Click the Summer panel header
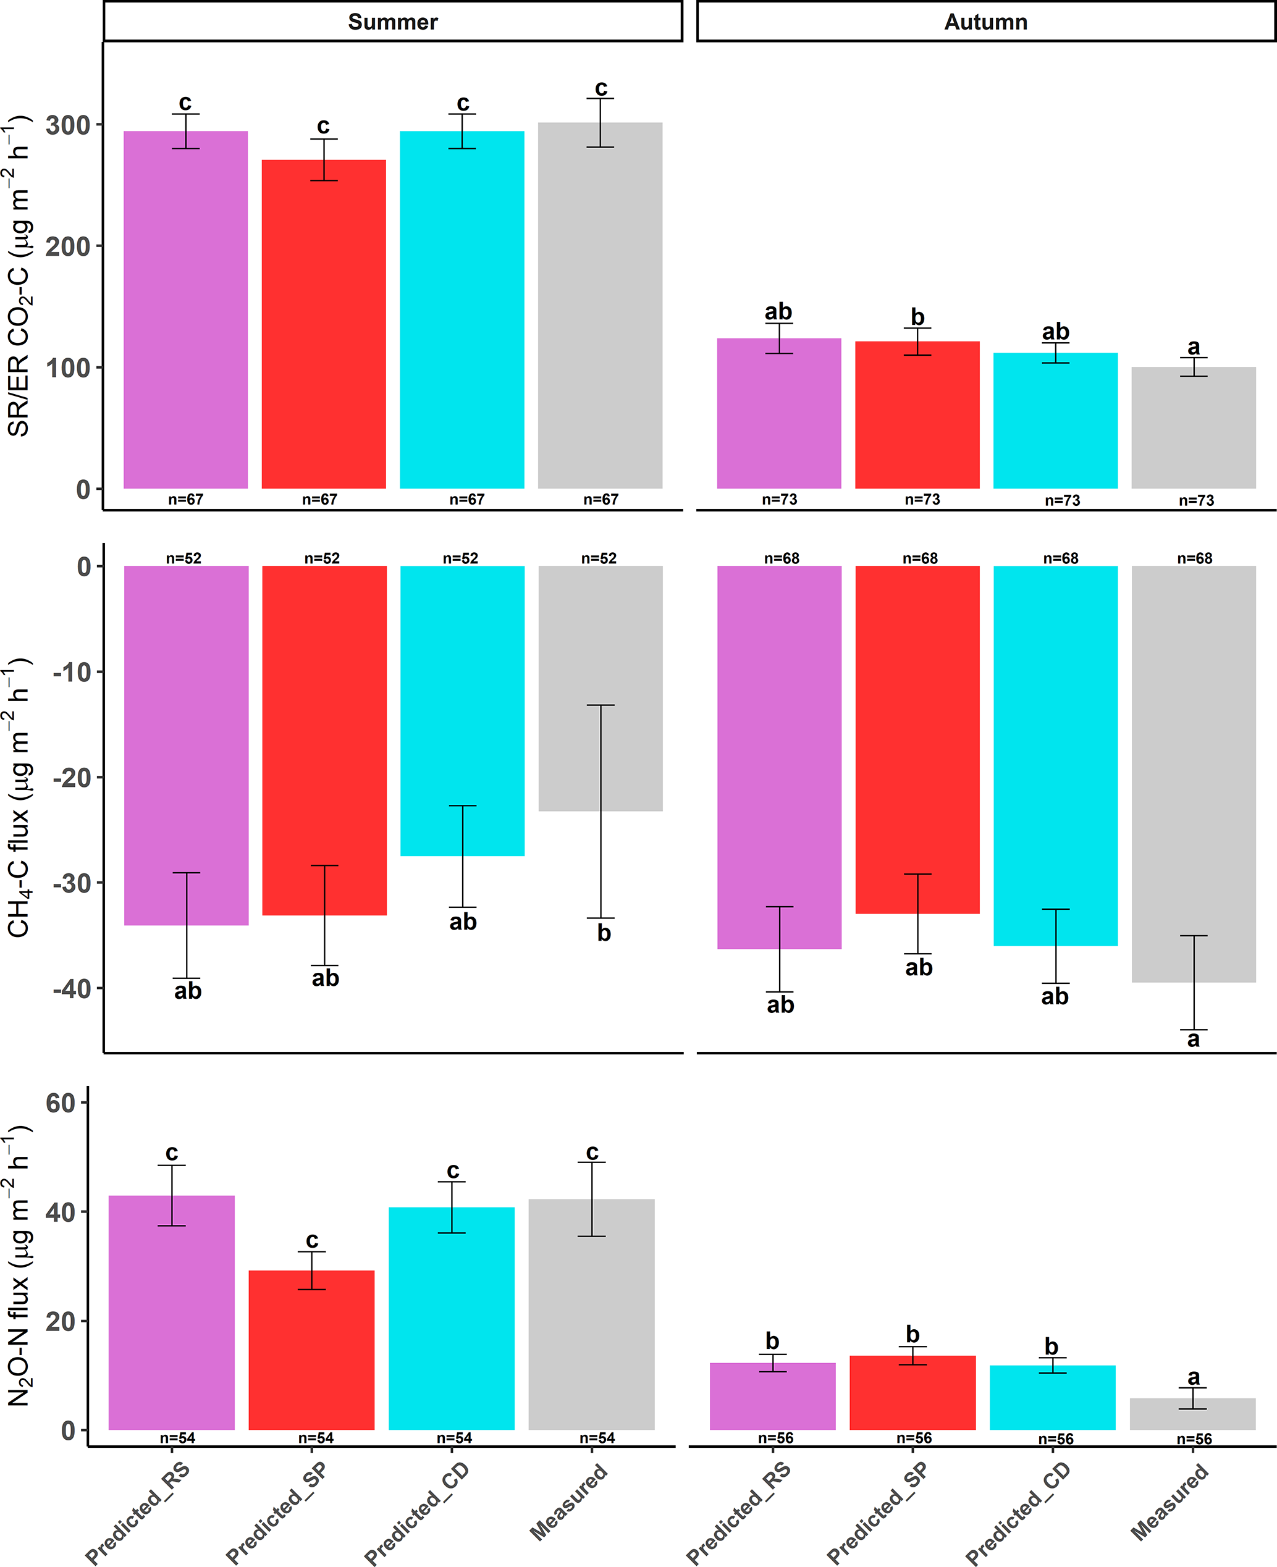(392, 22)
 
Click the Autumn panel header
(985, 22)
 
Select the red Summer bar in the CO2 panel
(324, 324)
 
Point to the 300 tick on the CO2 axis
(68, 125)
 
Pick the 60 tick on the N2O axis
(61, 1103)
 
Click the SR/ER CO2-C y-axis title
(18, 275)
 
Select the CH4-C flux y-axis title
(18, 798)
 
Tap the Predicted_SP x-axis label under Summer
(276, 1512)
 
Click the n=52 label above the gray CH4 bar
(599, 559)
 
